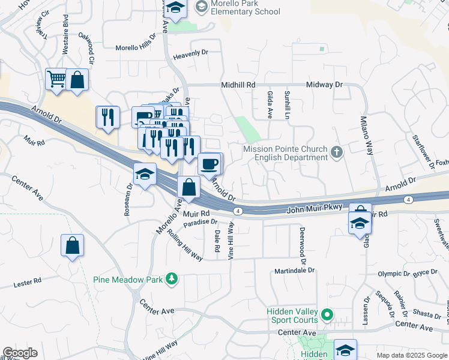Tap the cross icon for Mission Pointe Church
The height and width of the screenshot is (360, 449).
[336, 152]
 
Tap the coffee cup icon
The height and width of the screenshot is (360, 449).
[209, 163]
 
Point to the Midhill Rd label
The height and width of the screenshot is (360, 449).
[238, 85]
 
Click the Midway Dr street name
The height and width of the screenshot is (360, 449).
[324, 85]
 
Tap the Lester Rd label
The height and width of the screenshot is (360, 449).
[28, 280]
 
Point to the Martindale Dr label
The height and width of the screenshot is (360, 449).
[295, 271]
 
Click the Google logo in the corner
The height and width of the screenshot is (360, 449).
[20, 353]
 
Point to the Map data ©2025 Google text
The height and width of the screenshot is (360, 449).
[412, 355]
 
